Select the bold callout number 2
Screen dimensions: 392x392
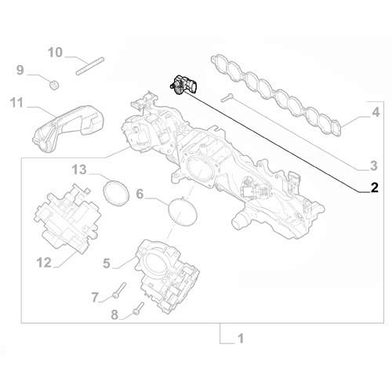[x=374, y=187]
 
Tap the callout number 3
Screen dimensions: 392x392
[x=374, y=165]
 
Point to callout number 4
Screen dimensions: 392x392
[x=376, y=113]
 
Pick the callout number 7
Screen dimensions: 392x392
[x=95, y=297]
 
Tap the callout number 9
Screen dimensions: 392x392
[x=20, y=71]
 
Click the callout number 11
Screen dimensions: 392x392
[x=16, y=102]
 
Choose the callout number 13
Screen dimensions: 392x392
[x=79, y=169]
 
